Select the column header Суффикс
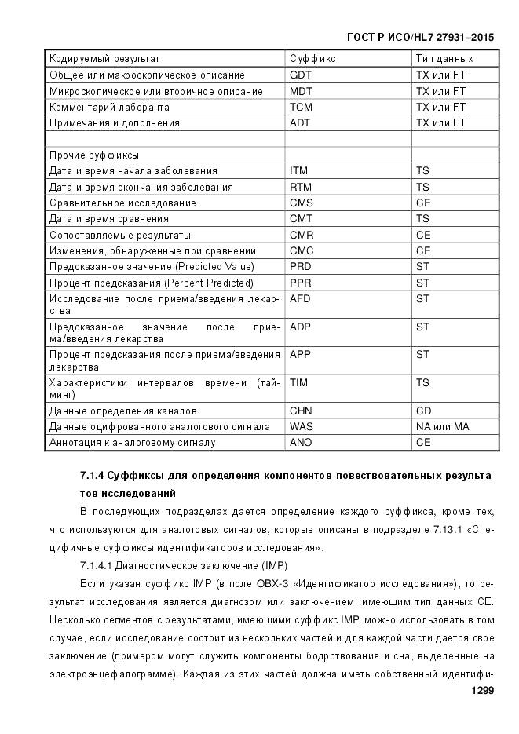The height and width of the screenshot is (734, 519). click(x=312, y=59)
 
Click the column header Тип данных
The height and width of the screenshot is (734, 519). click(x=444, y=59)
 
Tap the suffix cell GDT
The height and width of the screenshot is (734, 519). click(x=300, y=75)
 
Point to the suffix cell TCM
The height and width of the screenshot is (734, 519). click(x=301, y=107)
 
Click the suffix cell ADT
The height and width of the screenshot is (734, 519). click(x=300, y=123)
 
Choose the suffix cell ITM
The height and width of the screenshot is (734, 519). click(x=298, y=171)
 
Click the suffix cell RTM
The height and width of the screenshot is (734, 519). click(x=300, y=188)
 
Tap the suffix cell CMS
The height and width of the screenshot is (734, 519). click(x=301, y=203)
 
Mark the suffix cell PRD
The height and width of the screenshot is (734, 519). click(x=300, y=267)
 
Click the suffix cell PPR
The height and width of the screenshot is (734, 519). click(x=300, y=283)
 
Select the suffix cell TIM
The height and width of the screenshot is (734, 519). click(x=298, y=382)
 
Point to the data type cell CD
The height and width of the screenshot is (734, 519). click(x=423, y=411)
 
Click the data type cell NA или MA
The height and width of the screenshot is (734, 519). click(x=442, y=426)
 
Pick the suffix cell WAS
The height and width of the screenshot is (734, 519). click(x=302, y=426)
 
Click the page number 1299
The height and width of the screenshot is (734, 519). click(x=481, y=691)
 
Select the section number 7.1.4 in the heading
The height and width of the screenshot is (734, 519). click(x=93, y=476)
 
